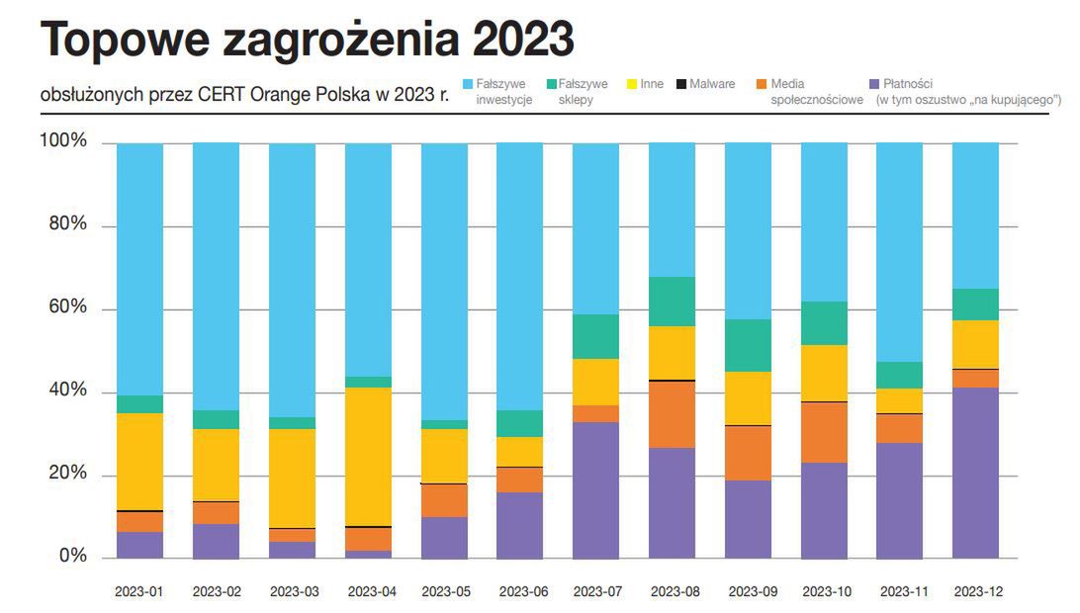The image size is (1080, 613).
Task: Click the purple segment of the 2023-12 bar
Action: [974, 473]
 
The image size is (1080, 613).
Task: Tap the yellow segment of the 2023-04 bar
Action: [369, 456]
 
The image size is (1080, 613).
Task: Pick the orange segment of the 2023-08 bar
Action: [672, 414]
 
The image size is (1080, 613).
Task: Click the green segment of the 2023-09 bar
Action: [748, 345]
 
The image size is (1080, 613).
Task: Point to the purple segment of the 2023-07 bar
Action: [595, 490]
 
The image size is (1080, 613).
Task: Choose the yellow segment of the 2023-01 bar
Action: [139, 461]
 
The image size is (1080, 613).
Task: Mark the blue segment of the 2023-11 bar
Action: [900, 252]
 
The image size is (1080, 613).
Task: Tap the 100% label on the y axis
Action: [62, 142]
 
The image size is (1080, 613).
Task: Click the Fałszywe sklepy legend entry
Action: [583, 91]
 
